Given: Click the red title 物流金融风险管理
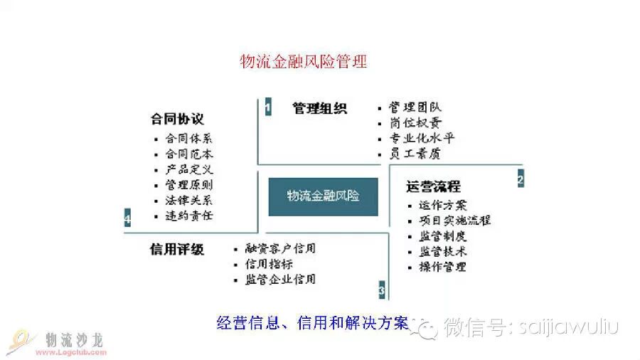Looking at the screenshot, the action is [x=304, y=62].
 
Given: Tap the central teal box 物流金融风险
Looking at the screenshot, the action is [x=323, y=196].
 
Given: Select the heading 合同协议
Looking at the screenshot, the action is [x=177, y=119].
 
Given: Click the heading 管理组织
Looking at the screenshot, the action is [x=319, y=108].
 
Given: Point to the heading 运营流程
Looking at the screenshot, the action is [x=433, y=186].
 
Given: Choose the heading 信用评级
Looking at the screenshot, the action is [x=177, y=250].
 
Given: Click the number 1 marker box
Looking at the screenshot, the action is [x=267, y=108].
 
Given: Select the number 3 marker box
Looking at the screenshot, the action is [x=382, y=290].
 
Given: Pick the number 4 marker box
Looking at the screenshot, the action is [x=127, y=218].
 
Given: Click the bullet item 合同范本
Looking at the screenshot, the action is [x=189, y=154].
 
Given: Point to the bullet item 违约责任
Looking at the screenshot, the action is [x=189, y=215].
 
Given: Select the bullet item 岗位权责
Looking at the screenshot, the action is [x=415, y=122].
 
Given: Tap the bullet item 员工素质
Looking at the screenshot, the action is [x=415, y=154].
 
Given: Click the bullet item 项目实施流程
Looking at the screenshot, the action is [x=455, y=221].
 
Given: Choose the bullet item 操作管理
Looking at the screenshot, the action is [x=442, y=267].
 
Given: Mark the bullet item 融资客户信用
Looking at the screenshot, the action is [x=280, y=249].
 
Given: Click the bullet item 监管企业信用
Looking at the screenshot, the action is [x=280, y=280].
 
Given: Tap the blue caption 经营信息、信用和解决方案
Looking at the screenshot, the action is [x=312, y=324].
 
